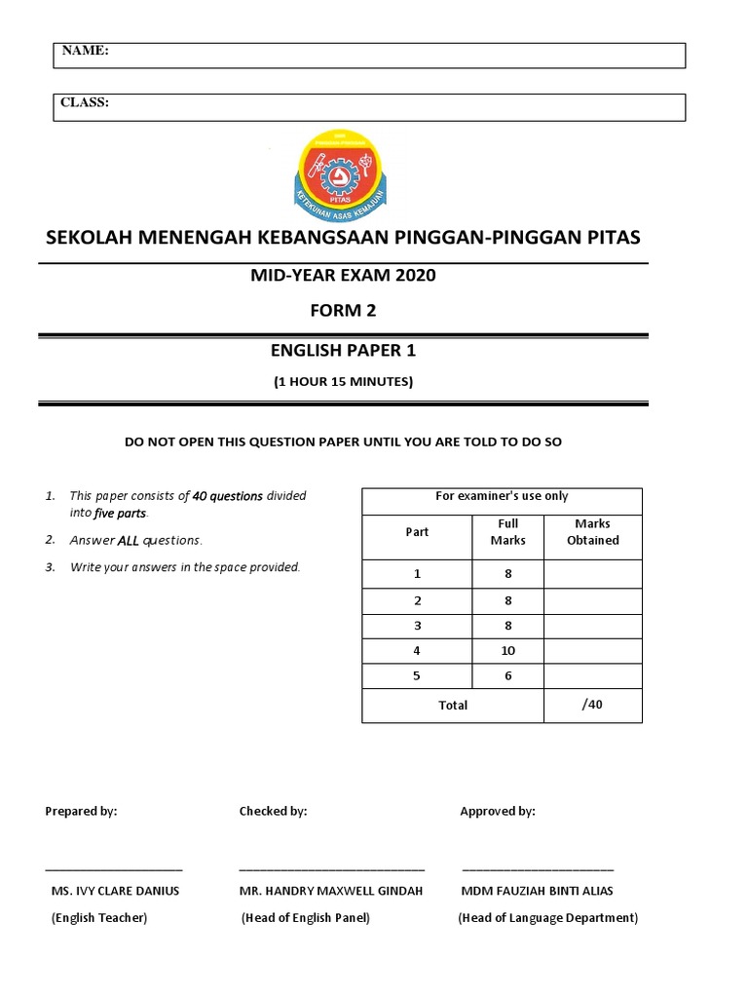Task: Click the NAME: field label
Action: tap(86, 50)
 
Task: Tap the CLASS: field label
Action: tap(86, 102)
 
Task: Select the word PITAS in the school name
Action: tap(612, 238)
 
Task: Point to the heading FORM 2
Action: tap(342, 311)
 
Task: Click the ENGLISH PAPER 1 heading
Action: tap(342, 351)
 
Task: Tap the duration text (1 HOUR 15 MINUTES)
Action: tap(343, 382)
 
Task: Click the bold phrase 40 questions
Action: tap(228, 496)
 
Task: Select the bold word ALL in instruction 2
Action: tap(131, 540)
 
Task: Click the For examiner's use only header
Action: tap(502, 496)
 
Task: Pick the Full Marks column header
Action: tap(507, 532)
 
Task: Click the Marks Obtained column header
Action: tap(592, 532)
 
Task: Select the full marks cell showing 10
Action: tap(507, 651)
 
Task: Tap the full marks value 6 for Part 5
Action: tap(507, 676)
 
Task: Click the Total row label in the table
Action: tap(453, 705)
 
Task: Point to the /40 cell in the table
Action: tap(592, 704)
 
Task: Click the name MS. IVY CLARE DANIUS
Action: tap(115, 891)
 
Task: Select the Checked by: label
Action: tap(273, 811)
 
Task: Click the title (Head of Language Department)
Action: tap(548, 918)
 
